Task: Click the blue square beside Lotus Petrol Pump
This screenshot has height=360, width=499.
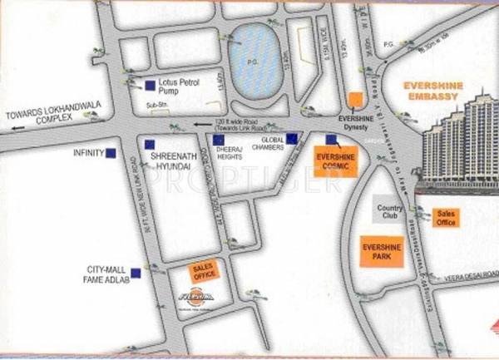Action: (x=149, y=84)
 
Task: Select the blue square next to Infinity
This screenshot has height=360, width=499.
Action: (x=111, y=153)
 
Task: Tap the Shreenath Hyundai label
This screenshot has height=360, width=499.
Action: (x=171, y=161)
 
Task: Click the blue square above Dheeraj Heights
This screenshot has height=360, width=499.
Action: (x=218, y=140)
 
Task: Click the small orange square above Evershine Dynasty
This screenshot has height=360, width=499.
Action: (x=355, y=99)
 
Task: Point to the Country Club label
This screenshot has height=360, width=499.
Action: (x=389, y=212)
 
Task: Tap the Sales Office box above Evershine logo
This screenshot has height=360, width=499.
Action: (x=203, y=271)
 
